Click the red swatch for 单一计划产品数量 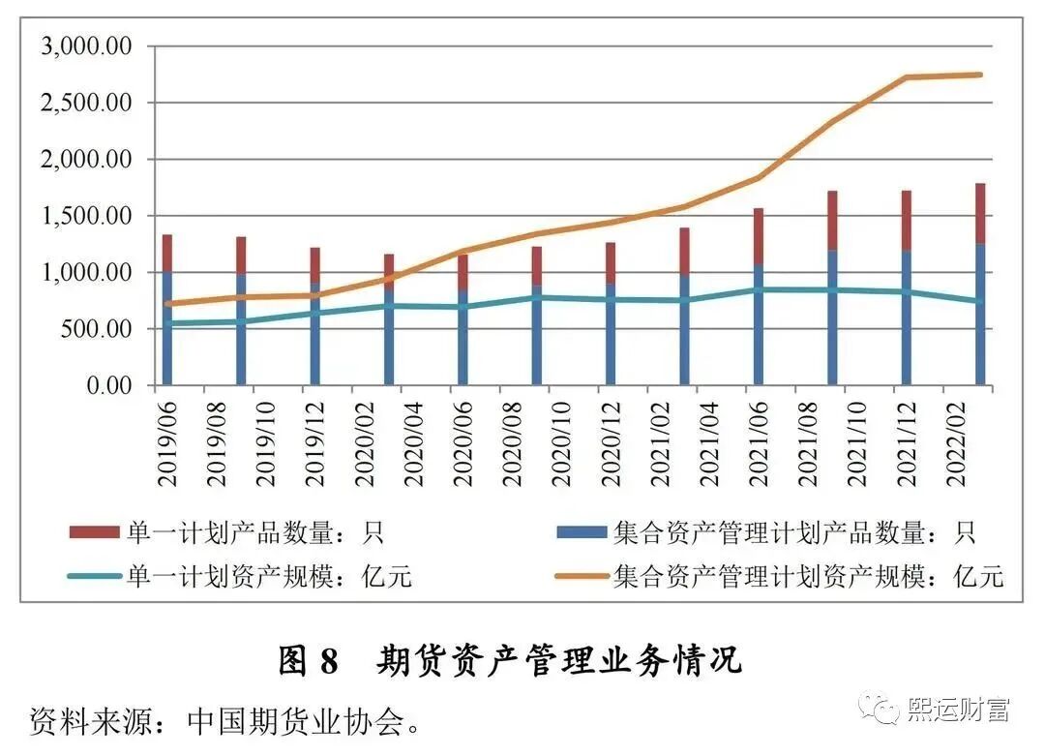coord(93,532)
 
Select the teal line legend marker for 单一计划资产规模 coord(93,577)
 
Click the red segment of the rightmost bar coord(980,213)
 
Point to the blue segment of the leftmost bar coord(167,329)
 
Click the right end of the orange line coord(980,75)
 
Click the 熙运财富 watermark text coord(958,710)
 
